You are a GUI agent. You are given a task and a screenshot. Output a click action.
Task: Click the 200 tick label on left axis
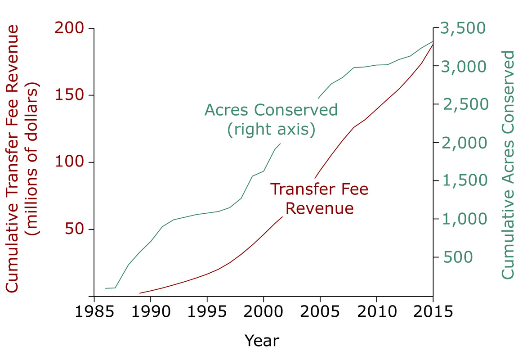pyautogui.click(x=69, y=28)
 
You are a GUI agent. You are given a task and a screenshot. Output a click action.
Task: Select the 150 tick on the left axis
pyautogui.click(x=69, y=95)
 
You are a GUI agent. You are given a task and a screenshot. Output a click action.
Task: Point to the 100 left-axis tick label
pyautogui.click(x=69, y=162)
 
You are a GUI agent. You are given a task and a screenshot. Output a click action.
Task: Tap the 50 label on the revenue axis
pyautogui.click(x=75, y=229)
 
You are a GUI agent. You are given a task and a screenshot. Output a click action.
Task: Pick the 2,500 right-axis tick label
pyautogui.click(x=463, y=104)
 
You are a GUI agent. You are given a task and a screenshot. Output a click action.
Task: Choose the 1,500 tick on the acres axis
pyautogui.click(x=463, y=180)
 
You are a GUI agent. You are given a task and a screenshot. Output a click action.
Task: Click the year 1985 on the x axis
pyautogui.click(x=94, y=312)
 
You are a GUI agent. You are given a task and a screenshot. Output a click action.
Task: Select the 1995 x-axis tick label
pyautogui.click(x=207, y=312)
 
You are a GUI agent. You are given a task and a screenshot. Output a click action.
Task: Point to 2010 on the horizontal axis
pyautogui.click(x=376, y=312)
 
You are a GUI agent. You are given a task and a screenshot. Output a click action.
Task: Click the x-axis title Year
pyautogui.click(x=262, y=340)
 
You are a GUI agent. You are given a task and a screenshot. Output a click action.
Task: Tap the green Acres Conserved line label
pyautogui.click(x=271, y=110)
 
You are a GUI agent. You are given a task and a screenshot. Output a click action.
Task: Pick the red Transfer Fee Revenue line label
pyautogui.click(x=319, y=198)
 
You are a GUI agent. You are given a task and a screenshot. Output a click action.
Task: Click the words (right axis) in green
pyautogui.click(x=271, y=130)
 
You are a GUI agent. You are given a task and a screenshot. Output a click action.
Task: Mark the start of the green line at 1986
pyautogui.click(x=106, y=288)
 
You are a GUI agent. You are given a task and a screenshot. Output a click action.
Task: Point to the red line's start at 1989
pyautogui.click(x=139, y=293)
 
